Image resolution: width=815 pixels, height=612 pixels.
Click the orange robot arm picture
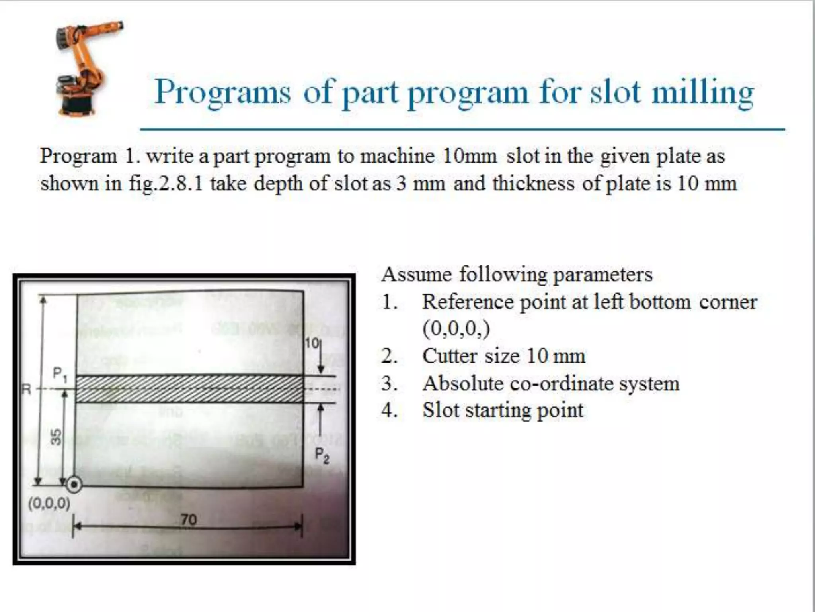click(86, 68)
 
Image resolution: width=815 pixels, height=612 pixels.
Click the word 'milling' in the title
click(702, 93)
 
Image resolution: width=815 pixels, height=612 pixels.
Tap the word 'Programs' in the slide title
click(222, 93)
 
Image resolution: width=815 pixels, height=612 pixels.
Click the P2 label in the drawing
click(322, 455)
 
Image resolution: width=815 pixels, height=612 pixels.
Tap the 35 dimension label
click(57, 437)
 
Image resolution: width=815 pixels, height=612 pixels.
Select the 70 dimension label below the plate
click(189, 519)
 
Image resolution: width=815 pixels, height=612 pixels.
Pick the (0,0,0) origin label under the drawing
click(49, 504)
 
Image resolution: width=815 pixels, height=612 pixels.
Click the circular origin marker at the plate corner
click(74, 485)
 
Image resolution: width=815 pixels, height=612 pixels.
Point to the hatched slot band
click(189, 389)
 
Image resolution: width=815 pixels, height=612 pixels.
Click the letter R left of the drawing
click(26, 389)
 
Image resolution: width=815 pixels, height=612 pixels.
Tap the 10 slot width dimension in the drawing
click(312, 343)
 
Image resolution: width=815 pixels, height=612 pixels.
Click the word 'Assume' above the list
click(417, 275)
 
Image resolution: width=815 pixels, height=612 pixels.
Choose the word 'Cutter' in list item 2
click(449, 356)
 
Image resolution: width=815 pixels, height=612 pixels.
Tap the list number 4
click(389, 410)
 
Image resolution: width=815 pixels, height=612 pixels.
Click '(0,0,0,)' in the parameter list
click(456, 329)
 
